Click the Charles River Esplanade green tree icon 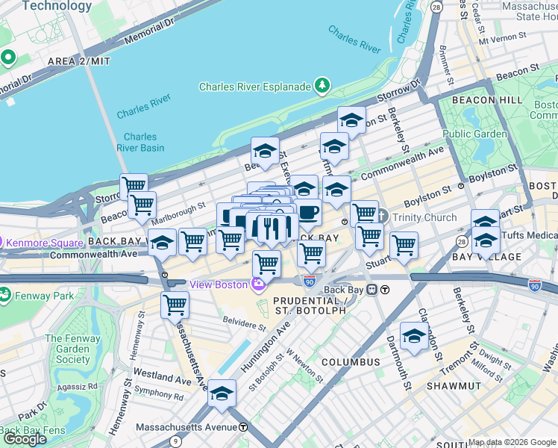pos(322,86)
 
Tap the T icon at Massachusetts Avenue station pos(242,428)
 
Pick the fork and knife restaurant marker pos(272,228)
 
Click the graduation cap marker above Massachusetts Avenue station pos(222,393)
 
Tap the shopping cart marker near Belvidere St pos(175,305)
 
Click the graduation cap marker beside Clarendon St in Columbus pos(414,335)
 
